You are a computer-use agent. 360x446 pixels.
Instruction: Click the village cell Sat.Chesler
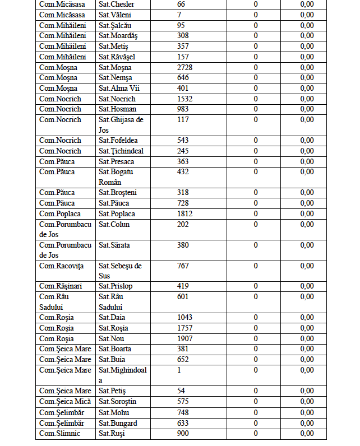click(x=116, y=4)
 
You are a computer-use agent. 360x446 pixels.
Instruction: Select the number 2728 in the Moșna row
click(x=185, y=67)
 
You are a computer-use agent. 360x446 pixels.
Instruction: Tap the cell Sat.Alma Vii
click(x=119, y=88)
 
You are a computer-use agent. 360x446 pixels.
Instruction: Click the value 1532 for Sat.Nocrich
click(x=185, y=99)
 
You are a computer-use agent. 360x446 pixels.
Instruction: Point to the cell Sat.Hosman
click(x=117, y=109)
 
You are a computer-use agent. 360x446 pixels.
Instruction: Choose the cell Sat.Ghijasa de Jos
click(x=121, y=124)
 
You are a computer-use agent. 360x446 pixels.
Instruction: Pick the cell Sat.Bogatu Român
click(x=117, y=176)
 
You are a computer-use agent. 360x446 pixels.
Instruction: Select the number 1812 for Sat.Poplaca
click(x=185, y=213)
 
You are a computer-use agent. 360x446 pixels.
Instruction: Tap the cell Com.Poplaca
click(x=59, y=213)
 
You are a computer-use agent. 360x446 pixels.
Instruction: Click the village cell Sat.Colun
click(x=114, y=224)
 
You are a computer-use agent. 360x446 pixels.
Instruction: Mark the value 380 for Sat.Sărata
click(x=183, y=245)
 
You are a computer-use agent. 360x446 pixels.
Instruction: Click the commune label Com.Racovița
click(x=60, y=266)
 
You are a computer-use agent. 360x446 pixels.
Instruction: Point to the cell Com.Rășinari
click(x=59, y=286)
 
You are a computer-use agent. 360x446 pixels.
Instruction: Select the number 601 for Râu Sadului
click(x=183, y=296)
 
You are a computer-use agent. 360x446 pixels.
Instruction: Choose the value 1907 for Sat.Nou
click(x=185, y=338)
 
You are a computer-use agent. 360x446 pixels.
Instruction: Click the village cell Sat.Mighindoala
click(x=122, y=375)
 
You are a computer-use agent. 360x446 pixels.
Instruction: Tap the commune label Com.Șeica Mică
click(x=64, y=401)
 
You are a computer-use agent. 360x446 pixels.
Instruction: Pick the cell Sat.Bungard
click(x=118, y=423)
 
